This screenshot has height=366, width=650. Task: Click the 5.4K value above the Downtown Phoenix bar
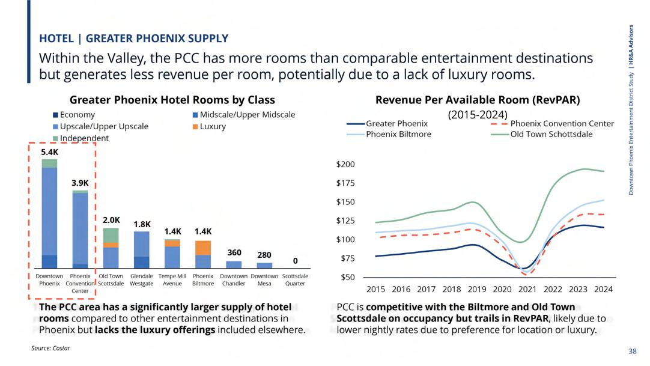50,153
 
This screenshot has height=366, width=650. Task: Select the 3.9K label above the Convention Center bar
80,183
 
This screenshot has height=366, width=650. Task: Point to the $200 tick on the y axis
347,164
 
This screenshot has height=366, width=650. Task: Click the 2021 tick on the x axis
527,289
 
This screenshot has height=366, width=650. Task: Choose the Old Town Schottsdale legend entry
551,134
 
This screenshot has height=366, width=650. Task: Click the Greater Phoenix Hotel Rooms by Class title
172,100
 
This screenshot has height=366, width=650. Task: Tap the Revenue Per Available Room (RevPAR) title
478,100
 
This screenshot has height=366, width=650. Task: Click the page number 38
632,351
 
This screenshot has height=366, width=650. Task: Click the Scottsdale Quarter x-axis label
295,279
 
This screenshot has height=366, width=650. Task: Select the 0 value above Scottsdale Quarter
295,261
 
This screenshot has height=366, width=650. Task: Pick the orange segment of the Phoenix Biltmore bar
203,248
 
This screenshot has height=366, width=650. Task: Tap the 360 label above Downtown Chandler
234,253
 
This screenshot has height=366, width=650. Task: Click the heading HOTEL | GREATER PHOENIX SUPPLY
133,38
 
